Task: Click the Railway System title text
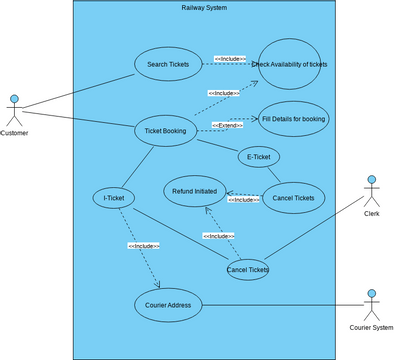pos(204,8)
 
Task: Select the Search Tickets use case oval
pos(166,64)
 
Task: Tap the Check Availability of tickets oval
pos(289,64)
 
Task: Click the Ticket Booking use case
pos(165,130)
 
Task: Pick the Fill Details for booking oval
pos(293,118)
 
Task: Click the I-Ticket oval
pos(113,198)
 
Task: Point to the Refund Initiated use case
pos(195,190)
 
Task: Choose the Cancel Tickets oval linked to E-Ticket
pos(293,198)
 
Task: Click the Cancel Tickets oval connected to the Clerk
pos(247,269)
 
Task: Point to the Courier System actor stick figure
pos(372,303)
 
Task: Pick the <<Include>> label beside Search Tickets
pos(230,59)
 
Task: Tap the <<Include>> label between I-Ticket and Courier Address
pos(143,245)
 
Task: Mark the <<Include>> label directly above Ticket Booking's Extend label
pos(223,93)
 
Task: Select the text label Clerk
pos(372,213)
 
